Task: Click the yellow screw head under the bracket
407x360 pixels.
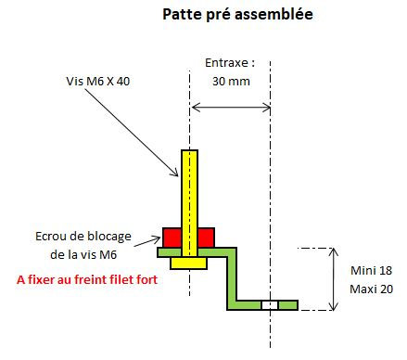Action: tap(188, 264)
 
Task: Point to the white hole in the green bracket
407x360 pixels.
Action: tap(269, 304)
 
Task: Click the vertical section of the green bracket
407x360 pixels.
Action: tap(233, 276)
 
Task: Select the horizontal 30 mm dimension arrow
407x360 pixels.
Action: tap(230, 109)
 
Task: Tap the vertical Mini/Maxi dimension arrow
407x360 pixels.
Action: tap(335, 278)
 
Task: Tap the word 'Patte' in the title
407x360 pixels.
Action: tap(182, 15)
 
